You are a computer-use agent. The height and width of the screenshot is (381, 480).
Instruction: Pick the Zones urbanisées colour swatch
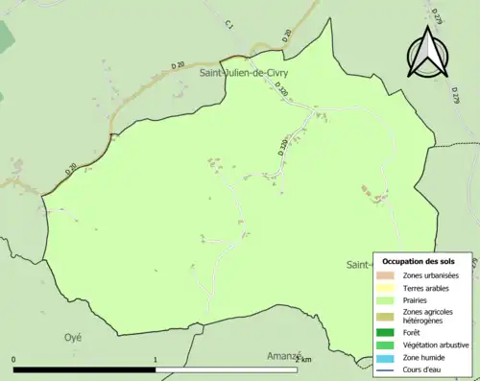point(388,275)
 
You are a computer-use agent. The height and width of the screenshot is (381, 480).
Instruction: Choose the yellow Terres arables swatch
point(388,288)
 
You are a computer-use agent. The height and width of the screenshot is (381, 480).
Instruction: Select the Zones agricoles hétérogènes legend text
point(428,316)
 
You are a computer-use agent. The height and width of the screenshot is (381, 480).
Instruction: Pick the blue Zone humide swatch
point(388,357)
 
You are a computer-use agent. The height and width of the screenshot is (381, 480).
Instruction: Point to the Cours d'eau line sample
point(388,369)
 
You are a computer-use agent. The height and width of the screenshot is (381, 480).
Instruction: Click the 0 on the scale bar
point(13,361)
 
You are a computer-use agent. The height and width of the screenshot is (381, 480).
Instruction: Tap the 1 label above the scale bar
point(156,361)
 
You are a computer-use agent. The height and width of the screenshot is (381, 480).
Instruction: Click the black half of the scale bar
point(84,369)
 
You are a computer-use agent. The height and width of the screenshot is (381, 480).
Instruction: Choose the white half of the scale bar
point(227,369)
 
